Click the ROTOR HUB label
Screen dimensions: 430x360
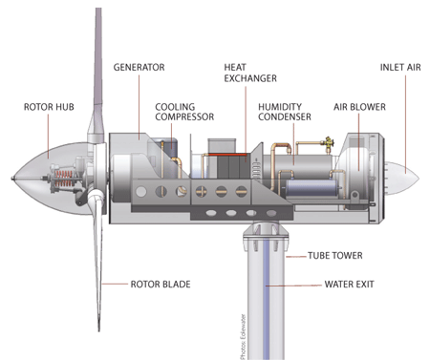(49, 107)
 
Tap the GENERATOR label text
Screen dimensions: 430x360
(140, 67)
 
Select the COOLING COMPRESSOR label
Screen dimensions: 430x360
(184, 112)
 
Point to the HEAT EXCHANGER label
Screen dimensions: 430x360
(250, 73)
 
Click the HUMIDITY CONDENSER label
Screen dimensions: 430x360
(285, 112)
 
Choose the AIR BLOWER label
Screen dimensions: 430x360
(359, 107)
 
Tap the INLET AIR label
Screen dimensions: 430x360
(400, 67)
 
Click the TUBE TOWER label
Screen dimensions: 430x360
(335, 256)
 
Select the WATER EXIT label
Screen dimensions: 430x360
(350, 284)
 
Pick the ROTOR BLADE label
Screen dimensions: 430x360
(161, 284)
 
